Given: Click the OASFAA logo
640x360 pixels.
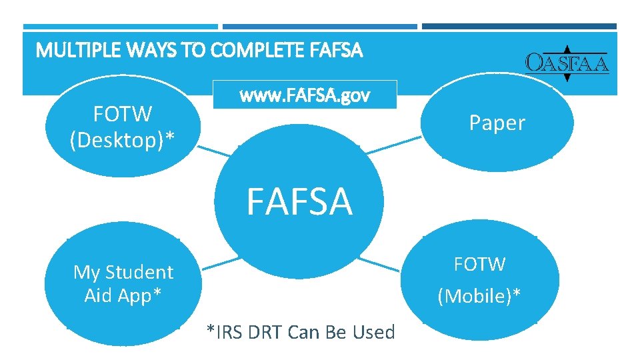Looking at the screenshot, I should click(x=567, y=63).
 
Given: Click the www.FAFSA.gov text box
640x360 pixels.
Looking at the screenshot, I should click(x=304, y=95).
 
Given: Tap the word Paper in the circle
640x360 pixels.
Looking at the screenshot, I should click(x=497, y=123).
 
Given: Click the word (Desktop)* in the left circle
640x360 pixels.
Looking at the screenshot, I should click(x=123, y=139).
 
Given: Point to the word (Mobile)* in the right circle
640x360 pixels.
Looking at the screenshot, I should click(x=479, y=295).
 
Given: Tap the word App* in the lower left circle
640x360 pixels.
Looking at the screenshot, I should click(x=139, y=295).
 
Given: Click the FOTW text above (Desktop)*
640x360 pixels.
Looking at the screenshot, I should click(x=123, y=114).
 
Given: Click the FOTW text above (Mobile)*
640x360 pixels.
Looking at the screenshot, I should click(x=479, y=264).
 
